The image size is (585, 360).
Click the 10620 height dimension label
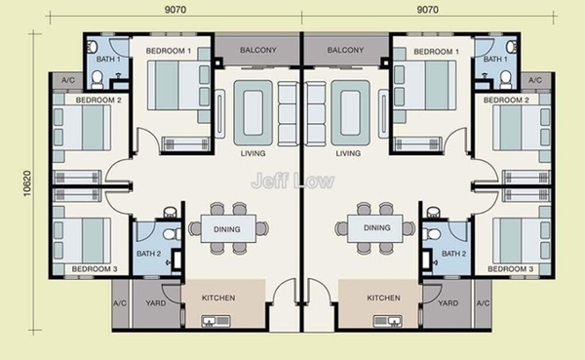pos(27,183)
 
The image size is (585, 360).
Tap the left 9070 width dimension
pos(175,10)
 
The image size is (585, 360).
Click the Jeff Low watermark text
pos(292,180)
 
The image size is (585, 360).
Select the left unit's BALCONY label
pos(257,50)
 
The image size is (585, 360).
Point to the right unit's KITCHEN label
pos(383,298)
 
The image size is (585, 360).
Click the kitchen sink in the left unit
pos(216,321)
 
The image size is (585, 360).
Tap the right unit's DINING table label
pos(376,227)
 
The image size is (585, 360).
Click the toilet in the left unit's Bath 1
pos(97,79)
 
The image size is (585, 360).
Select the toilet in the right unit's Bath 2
pos(432,234)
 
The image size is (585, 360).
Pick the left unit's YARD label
pos(156,302)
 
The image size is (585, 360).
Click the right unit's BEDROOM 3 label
pos(510,269)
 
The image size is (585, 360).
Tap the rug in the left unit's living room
pos(253,113)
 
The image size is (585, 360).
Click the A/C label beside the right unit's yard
pos(483,302)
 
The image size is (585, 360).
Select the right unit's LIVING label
pos(348,153)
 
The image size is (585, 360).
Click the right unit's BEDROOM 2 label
pos(506,100)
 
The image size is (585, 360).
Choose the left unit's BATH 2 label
pos(148,254)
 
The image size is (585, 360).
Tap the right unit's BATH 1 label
pos(495,59)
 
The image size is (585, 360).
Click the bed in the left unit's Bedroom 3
pos(82,241)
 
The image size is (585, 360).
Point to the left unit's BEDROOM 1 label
pos(169,51)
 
